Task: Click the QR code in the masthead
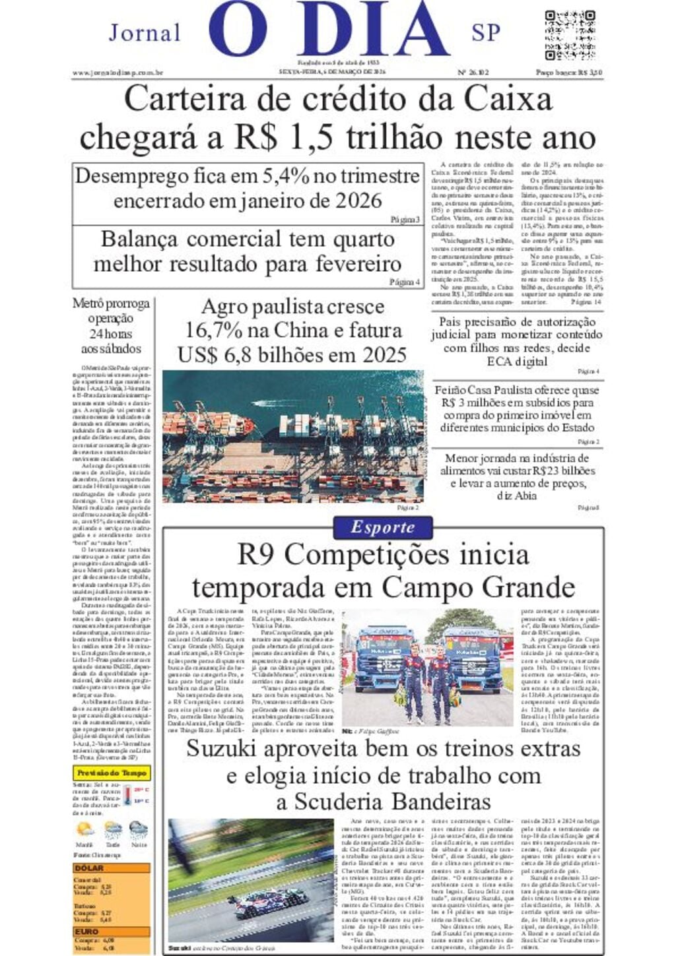(570, 34)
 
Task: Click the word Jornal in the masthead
(145, 33)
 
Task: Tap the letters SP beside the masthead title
(486, 33)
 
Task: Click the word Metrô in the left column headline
(88, 303)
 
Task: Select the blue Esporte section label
(383, 527)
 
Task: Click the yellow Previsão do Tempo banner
(112, 773)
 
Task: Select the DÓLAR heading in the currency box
(89, 869)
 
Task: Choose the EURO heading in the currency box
(87, 932)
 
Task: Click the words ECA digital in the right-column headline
(517, 361)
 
